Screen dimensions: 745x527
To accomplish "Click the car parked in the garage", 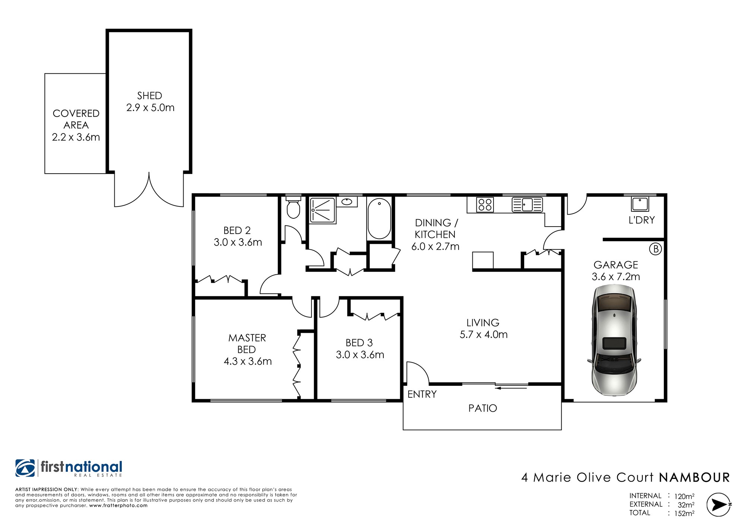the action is point(614,340).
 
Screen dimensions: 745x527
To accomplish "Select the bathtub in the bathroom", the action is point(379,218).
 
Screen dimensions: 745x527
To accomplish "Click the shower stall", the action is point(323,210).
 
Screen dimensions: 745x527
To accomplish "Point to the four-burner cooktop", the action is point(485,205).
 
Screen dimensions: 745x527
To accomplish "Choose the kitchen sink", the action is point(527,205).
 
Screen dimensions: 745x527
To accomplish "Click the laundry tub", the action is point(640,204).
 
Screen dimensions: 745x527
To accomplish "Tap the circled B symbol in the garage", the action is point(656,249).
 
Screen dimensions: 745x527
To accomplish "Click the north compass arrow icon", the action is point(719,505).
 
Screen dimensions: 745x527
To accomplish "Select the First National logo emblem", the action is point(25,468).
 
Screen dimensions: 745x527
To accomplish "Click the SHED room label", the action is point(149,96).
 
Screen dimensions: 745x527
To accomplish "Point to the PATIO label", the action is point(483,408).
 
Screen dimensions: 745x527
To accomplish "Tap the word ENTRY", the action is point(422,394).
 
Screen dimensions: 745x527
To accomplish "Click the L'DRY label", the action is point(641,220).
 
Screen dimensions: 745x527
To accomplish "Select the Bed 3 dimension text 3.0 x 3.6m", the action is point(360,354).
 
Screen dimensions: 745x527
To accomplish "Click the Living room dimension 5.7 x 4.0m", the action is point(484,334).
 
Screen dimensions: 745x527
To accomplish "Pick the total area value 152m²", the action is point(684,513).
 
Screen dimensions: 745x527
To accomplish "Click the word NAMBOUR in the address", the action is point(694,477).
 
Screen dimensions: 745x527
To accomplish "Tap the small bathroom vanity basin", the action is point(347,202).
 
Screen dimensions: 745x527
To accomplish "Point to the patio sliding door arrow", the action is point(511,388).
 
